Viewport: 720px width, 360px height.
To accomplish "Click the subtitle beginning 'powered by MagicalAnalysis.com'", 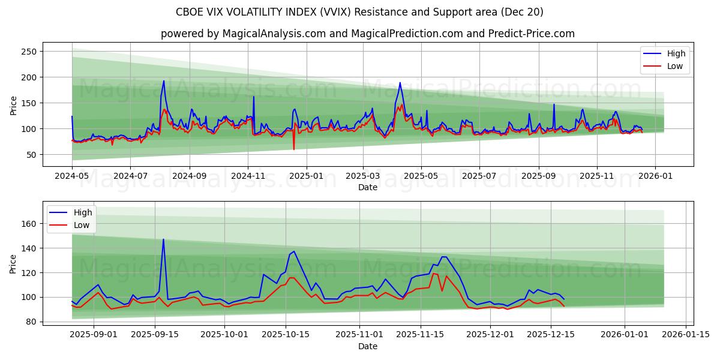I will click(x=368, y=34).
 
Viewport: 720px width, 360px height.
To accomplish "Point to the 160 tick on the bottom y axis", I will click(x=29, y=224).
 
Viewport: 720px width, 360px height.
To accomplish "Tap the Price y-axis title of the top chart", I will click(x=13, y=106).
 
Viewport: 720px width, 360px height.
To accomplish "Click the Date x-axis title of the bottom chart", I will click(x=368, y=347).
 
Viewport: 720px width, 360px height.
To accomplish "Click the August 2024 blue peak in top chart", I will click(x=163, y=81).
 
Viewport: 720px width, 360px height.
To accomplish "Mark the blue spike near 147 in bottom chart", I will click(x=163, y=239).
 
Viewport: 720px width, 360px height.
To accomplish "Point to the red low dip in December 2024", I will click(x=293, y=149).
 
